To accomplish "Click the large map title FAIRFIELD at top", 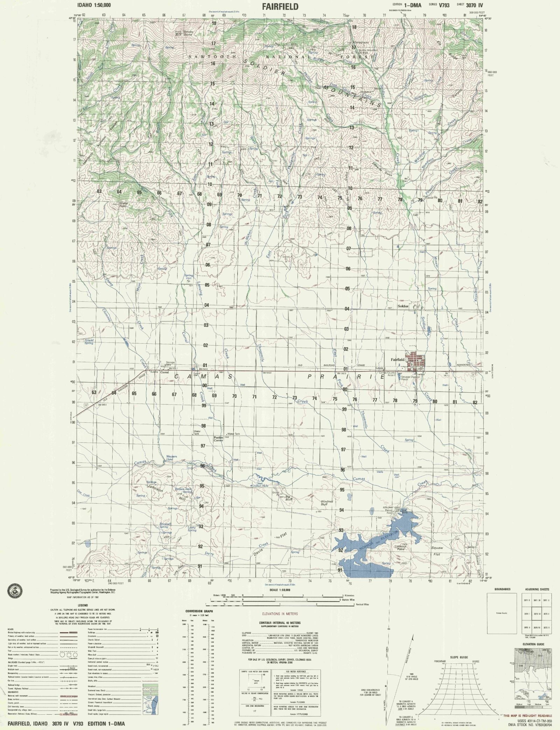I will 280,6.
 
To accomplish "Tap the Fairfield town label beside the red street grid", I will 398,359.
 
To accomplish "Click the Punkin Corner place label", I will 218,439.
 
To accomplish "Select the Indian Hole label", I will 260,485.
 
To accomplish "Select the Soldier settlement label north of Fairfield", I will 403,306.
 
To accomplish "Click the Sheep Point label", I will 123,205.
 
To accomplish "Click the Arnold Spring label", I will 89,342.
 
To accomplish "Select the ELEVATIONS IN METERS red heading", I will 280,614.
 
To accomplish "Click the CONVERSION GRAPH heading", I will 199,611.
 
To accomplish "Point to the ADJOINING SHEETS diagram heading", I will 537,589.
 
